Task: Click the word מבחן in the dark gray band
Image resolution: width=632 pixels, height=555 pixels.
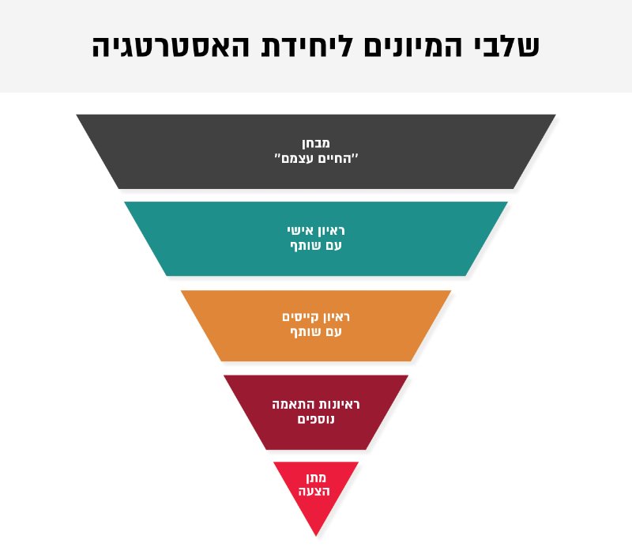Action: [315, 143]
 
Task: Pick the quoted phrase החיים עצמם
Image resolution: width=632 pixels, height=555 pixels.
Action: [317, 158]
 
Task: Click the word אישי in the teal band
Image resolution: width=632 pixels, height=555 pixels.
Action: [300, 230]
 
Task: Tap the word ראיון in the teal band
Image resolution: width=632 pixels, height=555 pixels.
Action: [331, 231]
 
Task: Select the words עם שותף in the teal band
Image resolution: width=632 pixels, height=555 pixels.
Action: [316, 246]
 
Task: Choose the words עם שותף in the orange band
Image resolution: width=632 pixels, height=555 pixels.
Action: [316, 332]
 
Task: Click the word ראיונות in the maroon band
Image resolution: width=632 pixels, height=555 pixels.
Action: [339, 404]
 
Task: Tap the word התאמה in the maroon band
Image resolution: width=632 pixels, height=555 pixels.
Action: [293, 404]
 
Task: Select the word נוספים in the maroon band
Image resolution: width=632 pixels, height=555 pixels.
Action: [316, 419]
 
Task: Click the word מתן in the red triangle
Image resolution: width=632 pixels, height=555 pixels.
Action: [315, 478]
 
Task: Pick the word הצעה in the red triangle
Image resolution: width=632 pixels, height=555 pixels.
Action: [314, 491]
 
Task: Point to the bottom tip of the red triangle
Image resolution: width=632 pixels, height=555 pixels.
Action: [316, 536]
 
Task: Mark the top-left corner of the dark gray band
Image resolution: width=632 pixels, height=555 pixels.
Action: [77, 115]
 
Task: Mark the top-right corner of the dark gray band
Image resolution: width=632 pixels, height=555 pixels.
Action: [555, 115]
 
